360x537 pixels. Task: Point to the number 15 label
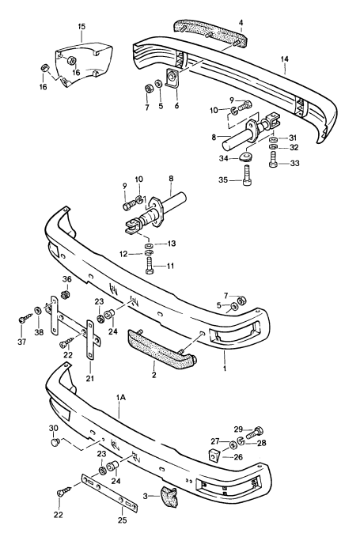pyautogui.click(x=81, y=28)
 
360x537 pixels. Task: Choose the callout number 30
pyautogui.click(x=55, y=428)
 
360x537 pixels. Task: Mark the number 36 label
pyautogui.click(x=66, y=280)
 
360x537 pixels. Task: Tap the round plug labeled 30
pyautogui.click(x=55, y=444)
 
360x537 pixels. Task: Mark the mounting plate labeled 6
pyautogui.click(x=169, y=79)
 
